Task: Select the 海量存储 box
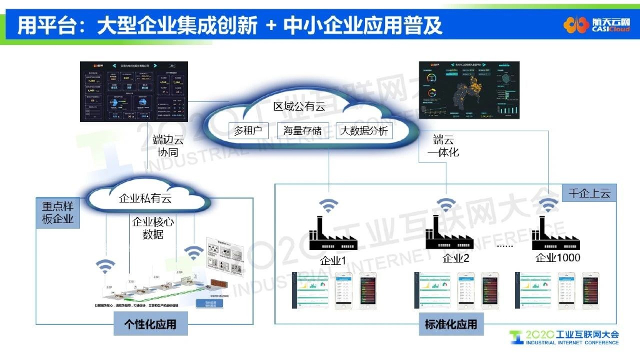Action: tap(302, 131)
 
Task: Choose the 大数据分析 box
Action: tap(364, 131)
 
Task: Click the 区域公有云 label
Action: tap(299, 106)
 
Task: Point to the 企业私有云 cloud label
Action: tap(145, 199)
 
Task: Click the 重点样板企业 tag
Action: tap(58, 212)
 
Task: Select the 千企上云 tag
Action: tap(589, 193)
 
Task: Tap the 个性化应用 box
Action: tap(150, 324)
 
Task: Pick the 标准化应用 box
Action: tap(451, 324)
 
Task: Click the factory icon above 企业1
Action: tap(332, 234)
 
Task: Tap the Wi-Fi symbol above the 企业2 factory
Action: tap(446, 205)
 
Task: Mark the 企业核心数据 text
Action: tap(153, 228)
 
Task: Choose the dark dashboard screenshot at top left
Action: tap(134, 91)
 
